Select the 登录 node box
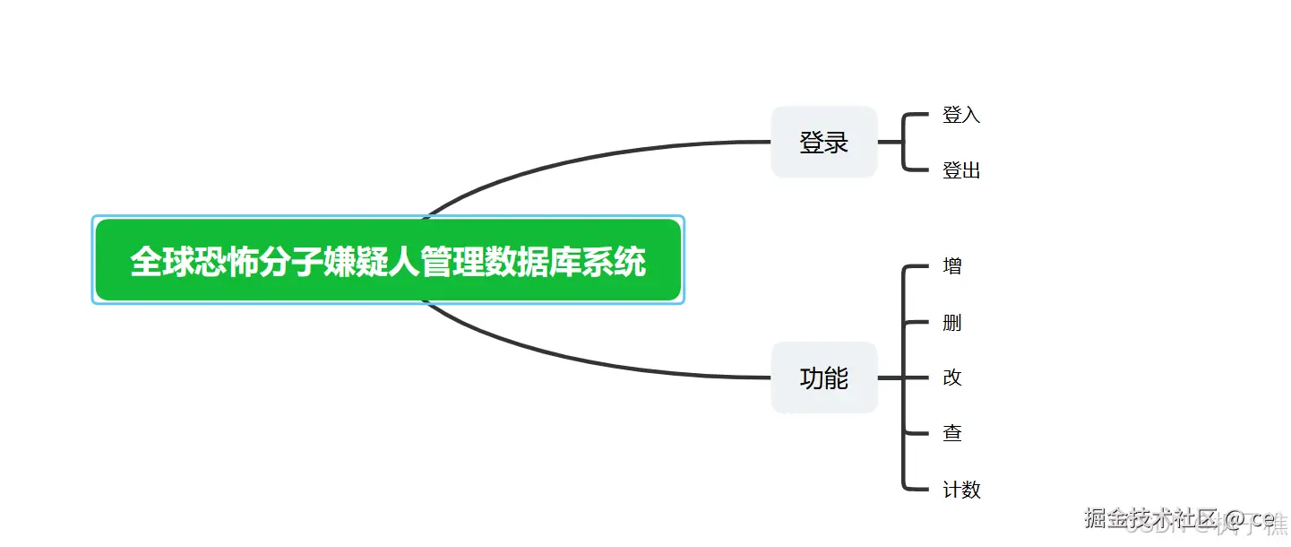823,142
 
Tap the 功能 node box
823,378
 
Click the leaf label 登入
961,115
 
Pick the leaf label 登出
961,170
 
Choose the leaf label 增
952,266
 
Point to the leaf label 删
952,322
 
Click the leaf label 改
952,378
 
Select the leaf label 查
952,433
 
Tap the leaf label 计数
961,490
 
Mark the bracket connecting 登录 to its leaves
904,142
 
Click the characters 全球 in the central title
162,262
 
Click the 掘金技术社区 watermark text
1151,518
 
